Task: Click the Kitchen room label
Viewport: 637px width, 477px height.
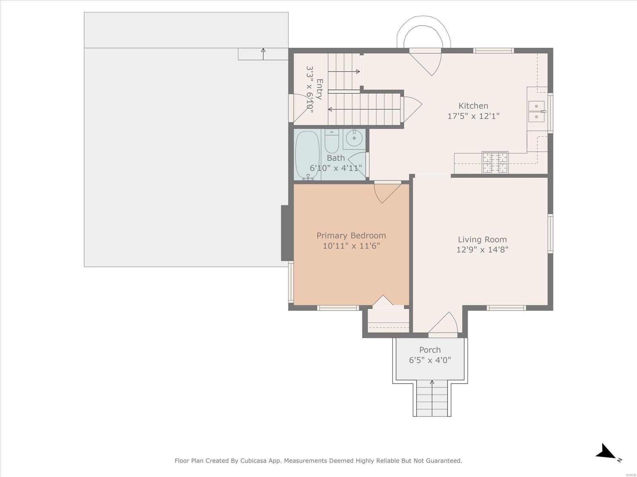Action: pyautogui.click(x=473, y=106)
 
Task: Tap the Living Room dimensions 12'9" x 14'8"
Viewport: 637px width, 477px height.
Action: pyautogui.click(x=482, y=250)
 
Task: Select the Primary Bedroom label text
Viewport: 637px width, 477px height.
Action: pyautogui.click(x=351, y=235)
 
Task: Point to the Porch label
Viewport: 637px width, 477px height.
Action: pyautogui.click(x=430, y=350)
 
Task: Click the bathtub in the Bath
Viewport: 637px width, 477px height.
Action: pyautogui.click(x=308, y=155)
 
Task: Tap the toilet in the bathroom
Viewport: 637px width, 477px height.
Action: pyautogui.click(x=331, y=142)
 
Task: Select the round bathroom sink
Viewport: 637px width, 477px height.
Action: pyautogui.click(x=354, y=138)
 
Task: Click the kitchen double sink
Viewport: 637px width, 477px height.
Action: pyautogui.click(x=536, y=112)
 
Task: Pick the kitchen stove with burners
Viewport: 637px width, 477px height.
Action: pyautogui.click(x=495, y=162)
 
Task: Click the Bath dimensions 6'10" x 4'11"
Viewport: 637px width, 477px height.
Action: pyautogui.click(x=336, y=168)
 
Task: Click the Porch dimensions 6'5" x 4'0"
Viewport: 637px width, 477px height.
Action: pyautogui.click(x=430, y=360)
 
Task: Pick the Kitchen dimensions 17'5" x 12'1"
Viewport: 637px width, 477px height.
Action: pyautogui.click(x=473, y=116)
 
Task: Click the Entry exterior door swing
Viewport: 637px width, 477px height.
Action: pyautogui.click(x=300, y=108)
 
